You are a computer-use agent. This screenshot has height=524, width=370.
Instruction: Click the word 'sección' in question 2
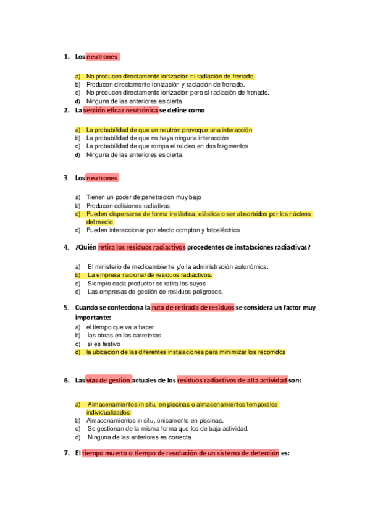click(97, 111)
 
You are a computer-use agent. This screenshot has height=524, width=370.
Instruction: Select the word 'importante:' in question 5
click(92, 316)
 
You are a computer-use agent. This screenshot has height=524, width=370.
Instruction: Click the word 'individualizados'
click(108, 412)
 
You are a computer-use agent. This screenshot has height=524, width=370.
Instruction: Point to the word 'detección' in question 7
click(263, 453)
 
